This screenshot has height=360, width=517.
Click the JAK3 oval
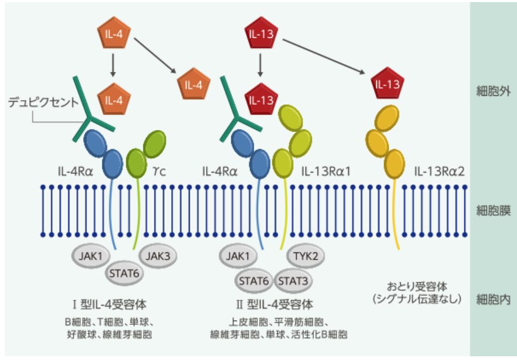(x=158, y=256)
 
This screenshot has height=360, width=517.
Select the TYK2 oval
(x=305, y=256)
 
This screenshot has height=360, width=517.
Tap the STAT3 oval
(x=293, y=281)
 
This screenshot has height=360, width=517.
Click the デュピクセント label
(x=43, y=102)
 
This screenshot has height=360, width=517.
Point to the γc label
(x=159, y=171)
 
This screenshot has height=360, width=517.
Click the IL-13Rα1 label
(x=326, y=171)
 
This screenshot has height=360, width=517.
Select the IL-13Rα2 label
(x=439, y=171)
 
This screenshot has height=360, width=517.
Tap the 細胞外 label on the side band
(x=493, y=91)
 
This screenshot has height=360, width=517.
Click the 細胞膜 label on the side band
(x=493, y=210)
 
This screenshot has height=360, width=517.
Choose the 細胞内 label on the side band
(x=493, y=300)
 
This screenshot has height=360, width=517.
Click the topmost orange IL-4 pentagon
(x=114, y=33)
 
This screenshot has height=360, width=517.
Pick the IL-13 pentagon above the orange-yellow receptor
(x=387, y=84)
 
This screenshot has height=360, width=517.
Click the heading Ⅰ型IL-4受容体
(x=109, y=304)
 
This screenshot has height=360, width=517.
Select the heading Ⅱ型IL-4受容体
(x=274, y=304)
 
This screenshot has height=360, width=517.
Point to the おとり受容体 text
(x=417, y=287)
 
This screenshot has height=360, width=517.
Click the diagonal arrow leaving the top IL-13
(x=324, y=56)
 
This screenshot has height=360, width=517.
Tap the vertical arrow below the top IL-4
(x=113, y=65)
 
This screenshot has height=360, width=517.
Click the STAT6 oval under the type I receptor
(x=124, y=273)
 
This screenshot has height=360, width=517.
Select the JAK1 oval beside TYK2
(x=238, y=256)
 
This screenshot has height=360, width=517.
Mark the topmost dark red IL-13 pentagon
(x=261, y=33)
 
